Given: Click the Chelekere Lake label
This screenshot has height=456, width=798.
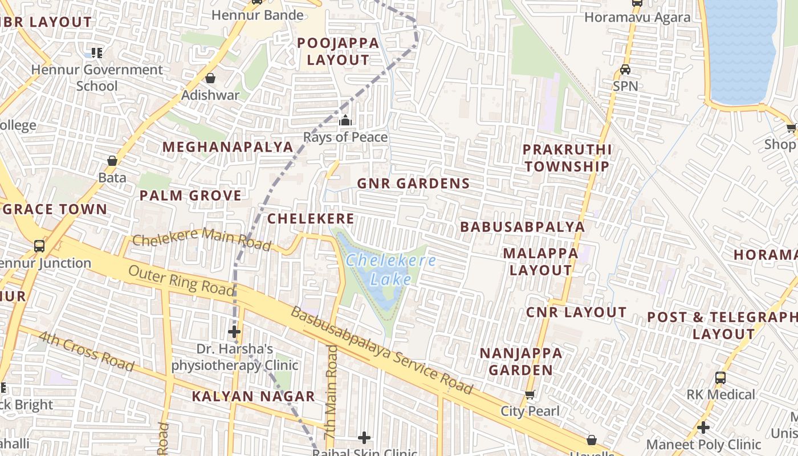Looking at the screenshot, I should tap(390, 270).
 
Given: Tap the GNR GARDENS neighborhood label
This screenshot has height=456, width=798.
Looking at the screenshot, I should tap(413, 184).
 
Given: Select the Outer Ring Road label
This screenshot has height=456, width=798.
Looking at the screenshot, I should tap(181, 280).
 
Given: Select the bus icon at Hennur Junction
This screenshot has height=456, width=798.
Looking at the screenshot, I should tap(39, 246).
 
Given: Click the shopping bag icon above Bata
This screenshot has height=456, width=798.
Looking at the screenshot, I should tap(112, 161).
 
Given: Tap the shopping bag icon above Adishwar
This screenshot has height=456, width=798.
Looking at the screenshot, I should tap(210, 78).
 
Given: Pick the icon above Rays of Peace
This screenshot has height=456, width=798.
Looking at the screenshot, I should tap(345, 121).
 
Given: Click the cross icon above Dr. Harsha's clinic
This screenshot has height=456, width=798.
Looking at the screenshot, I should tap(234, 332).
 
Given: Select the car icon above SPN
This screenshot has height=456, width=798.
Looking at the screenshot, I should tap(625, 70).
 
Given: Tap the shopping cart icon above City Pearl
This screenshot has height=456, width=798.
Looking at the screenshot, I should tap(530, 394).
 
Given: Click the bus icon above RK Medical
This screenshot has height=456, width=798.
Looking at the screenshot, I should tap(720, 377).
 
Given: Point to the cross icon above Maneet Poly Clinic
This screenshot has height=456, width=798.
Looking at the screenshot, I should tap(703, 427).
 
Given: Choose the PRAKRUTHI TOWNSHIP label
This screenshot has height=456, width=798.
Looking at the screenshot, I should tap(567, 158).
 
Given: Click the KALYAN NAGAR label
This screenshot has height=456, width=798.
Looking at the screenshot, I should tap(253, 397).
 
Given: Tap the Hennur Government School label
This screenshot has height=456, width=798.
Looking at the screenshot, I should tap(97, 78).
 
